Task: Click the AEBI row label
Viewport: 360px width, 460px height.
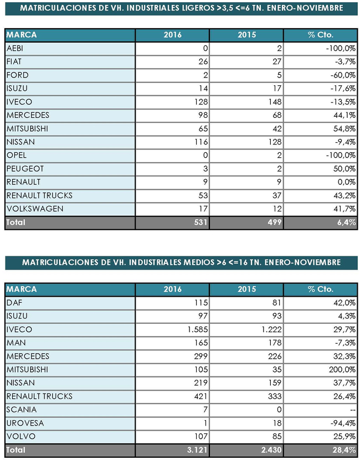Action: click(x=15, y=49)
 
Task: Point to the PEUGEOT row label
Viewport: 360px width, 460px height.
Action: click(x=24, y=169)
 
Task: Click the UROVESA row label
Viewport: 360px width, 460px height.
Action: click(x=24, y=423)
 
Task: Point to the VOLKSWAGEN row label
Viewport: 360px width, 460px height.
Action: click(x=34, y=209)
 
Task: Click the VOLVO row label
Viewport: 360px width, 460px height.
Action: click(x=19, y=436)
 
